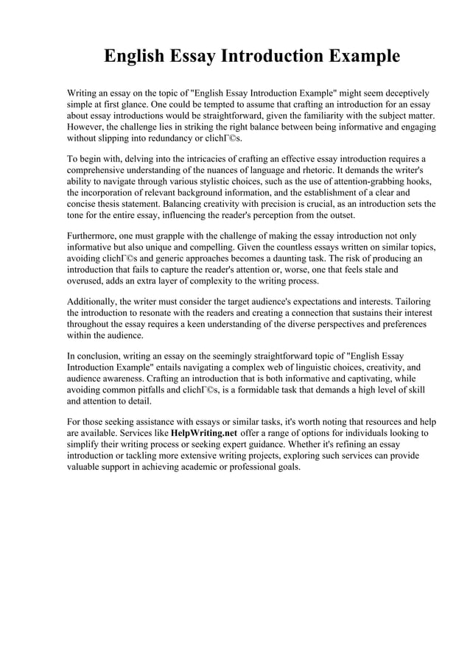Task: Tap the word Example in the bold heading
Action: (361, 57)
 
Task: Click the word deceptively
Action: (404, 94)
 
